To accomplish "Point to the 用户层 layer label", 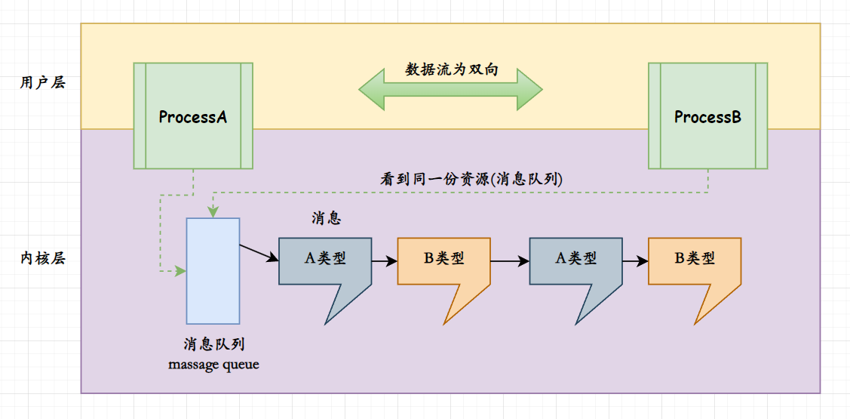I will point(42,82).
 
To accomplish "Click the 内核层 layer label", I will point(42,258).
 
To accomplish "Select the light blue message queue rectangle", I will point(213,270).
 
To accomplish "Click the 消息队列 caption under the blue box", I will point(213,344).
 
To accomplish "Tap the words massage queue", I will point(213,365).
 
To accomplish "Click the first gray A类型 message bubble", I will point(325,260).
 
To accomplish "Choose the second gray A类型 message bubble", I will point(576,260).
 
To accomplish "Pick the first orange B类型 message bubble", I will point(443,260).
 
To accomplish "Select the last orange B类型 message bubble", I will point(695,260).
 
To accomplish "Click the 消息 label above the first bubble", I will point(327,218).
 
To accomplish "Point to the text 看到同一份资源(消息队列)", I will point(472,180).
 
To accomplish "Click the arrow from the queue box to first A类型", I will point(259,253).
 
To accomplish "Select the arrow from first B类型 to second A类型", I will point(510,261).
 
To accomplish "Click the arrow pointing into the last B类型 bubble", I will point(635,261).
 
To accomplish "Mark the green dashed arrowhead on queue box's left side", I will point(180,270).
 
